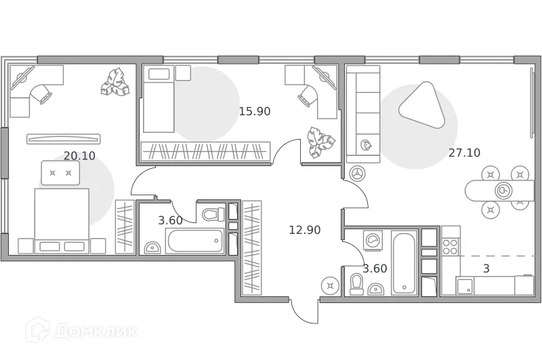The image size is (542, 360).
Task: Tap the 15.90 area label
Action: click(255, 111)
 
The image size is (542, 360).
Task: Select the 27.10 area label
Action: click(464, 153)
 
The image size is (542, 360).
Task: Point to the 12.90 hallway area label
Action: click(304, 230)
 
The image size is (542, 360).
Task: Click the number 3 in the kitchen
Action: click(486, 268)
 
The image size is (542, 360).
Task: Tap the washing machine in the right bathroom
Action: click(372, 240)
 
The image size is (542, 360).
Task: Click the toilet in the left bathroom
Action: click(213, 215)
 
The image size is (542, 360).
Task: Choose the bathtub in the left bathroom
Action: click(195, 240)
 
